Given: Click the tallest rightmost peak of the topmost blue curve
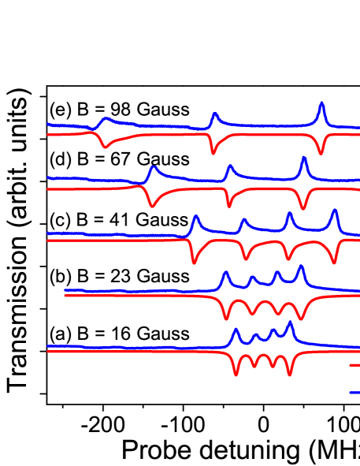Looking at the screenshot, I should pos(321,103).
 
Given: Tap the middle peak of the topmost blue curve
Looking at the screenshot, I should pos(214,114).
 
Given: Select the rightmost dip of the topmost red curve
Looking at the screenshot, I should pos(321,153).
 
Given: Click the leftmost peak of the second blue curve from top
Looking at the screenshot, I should pos(153,167).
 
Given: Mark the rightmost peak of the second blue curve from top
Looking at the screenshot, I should pos(303,158).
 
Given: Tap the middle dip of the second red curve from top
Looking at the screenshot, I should pos(229,206).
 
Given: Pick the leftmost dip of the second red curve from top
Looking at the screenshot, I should pos(151,206).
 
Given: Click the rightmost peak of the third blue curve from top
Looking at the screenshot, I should pos(335,211).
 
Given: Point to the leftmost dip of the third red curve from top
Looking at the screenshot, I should pos(194,263).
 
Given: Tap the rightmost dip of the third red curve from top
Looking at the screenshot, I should pos(336,263).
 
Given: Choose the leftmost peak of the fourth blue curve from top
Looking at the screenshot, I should pos(225,273).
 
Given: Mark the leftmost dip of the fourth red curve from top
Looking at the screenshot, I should pos(226,319).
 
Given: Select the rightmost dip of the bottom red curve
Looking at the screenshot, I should pos(290,375).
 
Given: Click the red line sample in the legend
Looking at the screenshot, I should pos(354,365).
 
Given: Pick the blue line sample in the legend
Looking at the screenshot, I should pos(354,392).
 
